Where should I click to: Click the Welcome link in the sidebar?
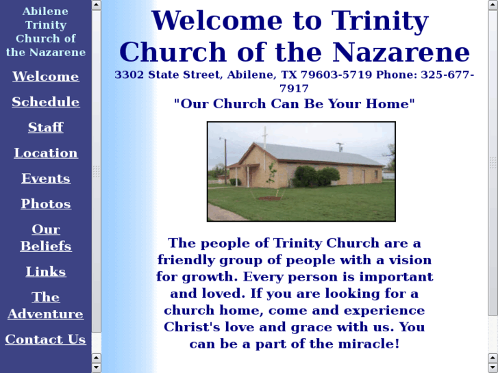(x=46, y=77)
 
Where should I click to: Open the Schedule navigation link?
(x=46, y=102)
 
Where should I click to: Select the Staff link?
(x=46, y=127)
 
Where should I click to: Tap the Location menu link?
(x=46, y=153)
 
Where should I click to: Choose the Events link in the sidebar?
(x=46, y=179)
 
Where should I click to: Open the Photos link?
(x=46, y=204)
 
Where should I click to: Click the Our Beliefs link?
(x=46, y=237)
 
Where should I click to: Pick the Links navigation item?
(x=46, y=272)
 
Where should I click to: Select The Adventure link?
(x=46, y=305)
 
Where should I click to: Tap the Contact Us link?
(x=46, y=339)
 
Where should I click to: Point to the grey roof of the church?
(x=322, y=153)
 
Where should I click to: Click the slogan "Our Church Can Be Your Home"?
(x=295, y=104)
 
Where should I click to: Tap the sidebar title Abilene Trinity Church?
(x=46, y=31)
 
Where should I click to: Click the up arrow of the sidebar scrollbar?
(x=97, y=5)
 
